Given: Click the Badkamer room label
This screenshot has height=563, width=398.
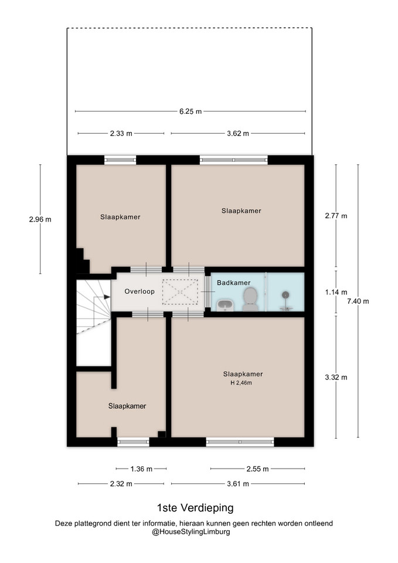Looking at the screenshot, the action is click(x=234, y=283).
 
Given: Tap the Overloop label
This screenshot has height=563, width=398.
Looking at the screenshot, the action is click(x=140, y=291).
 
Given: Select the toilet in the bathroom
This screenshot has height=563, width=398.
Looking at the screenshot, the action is click(x=250, y=300).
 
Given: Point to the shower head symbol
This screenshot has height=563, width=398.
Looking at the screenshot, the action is click(x=285, y=295).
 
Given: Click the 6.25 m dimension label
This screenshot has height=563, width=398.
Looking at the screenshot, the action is click(x=191, y=111).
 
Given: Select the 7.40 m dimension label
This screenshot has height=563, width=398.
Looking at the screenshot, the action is click(x=358, y=301).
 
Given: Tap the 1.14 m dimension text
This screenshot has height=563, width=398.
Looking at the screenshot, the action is click(x=336, y=292).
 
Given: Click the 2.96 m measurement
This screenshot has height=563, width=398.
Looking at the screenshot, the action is click(x=40, y=219).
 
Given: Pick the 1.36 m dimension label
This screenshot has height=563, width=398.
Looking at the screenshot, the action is click(x=141, y=469).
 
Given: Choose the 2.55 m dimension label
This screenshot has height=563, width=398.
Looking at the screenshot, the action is click(x=258, y=469).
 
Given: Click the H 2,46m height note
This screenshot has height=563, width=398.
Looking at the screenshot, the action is click(x=241, y=383).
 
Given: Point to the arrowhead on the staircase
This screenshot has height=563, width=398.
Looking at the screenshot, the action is click(x=107, y=297).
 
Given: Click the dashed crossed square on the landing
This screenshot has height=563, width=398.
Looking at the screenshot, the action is click(x=180, y=292).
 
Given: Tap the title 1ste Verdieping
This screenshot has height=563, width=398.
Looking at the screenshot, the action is click(x=195, y=508).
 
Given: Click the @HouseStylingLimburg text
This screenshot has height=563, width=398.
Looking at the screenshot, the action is click(x=191, y=532).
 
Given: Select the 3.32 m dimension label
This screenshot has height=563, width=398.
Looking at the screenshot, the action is click(x=336, y=377).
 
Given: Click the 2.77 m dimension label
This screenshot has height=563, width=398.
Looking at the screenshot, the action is click(x=336, y=216).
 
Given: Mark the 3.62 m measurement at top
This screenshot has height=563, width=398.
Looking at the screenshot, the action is click(x=238, y=134).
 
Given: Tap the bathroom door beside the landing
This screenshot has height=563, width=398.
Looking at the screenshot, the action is click(x=207, y=291).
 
